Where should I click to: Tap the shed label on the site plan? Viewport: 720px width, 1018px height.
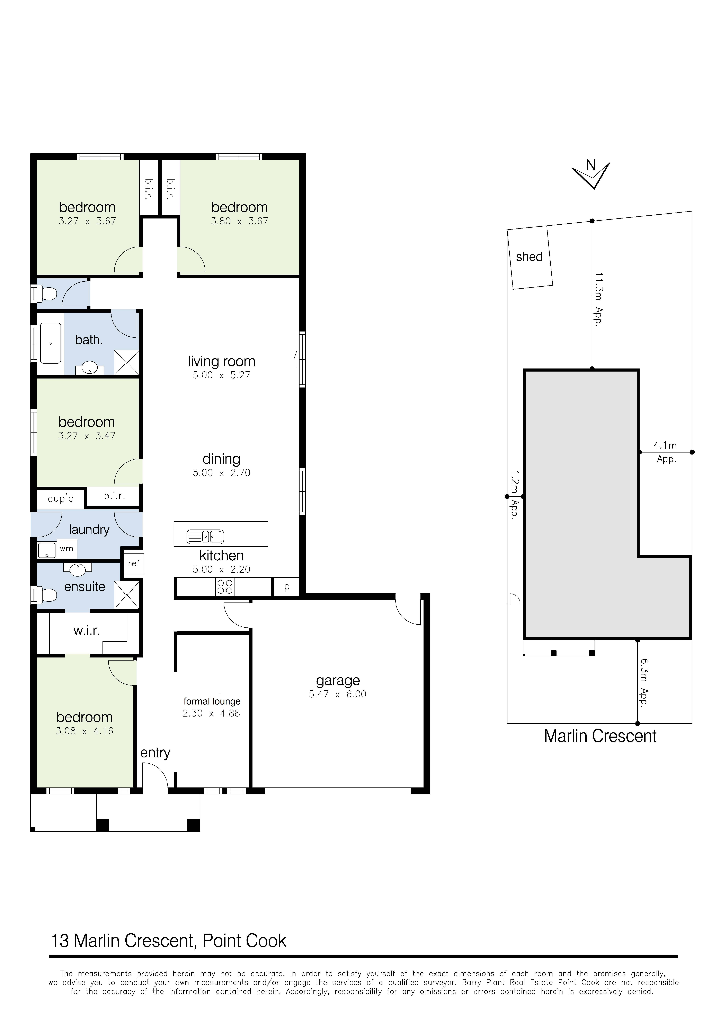529,257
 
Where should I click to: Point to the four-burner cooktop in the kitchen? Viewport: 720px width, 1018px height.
225,587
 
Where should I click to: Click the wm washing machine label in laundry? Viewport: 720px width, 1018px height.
66,549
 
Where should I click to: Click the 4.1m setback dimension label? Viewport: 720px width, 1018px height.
665,445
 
